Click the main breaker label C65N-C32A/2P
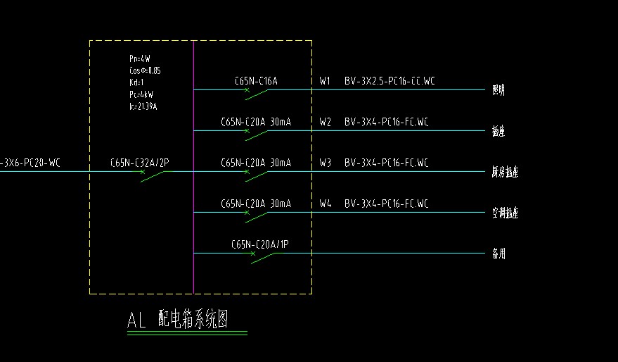click(x=140, y=163)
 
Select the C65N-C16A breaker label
click(x=256, y=82)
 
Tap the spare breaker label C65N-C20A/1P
click(x=259, y=245)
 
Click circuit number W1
click(x=325, y=82)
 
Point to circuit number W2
click(x=325, y=123)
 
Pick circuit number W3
click(x=325, y=163)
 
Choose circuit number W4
click(x=325, y=204)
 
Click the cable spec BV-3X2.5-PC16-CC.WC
click(x=390, y=82)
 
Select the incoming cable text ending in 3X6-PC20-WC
click(x=31, y=163)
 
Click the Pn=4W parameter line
click(x=139, y=59)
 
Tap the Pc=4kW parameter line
click(x=141, y=94)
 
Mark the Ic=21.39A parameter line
click(x=143, y=106)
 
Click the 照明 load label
click(x=498, y=90)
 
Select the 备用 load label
click(x=498, y=254)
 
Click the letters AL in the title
click(x=136, y=320)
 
